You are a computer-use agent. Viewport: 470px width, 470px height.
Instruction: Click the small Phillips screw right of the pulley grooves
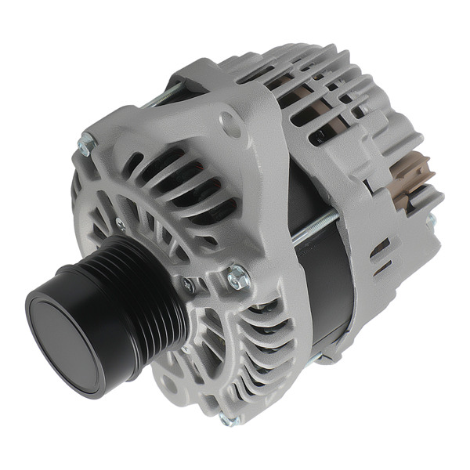[188, 286]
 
